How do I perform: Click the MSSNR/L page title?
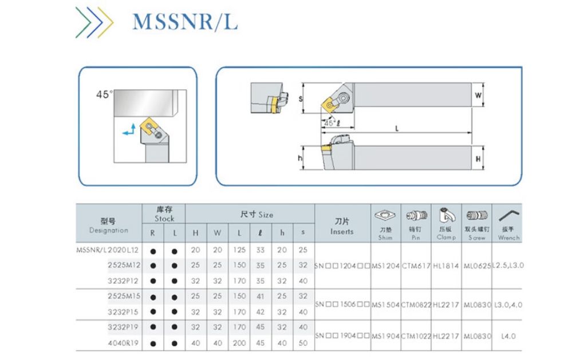point(184,22)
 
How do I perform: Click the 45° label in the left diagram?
point(105,93)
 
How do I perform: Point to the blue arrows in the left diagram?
point(130,129)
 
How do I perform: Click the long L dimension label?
point(396,128)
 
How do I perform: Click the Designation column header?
point(109,226)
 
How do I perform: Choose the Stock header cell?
point(164,214)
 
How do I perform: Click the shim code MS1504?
point(386,304)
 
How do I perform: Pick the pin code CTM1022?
point(416,337)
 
